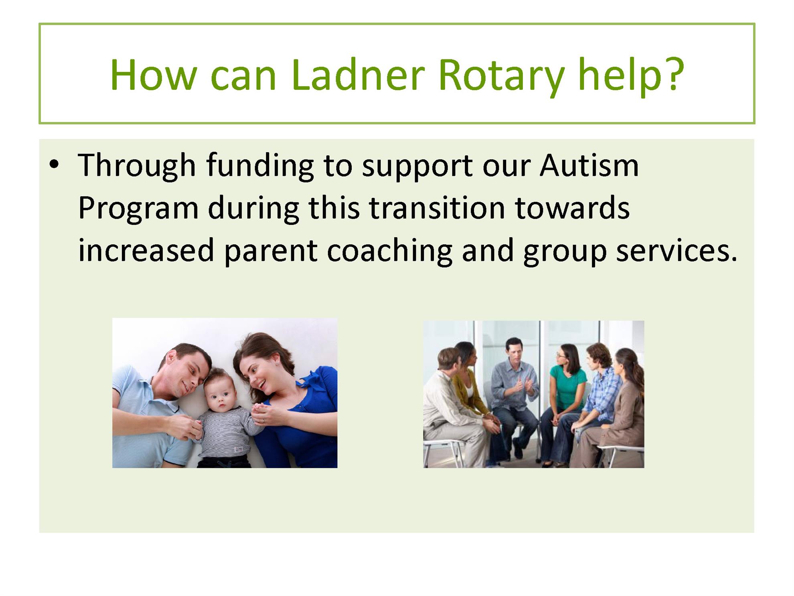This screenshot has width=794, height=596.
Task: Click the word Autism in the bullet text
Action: (589, 165)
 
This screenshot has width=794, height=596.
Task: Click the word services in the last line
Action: (677, 251)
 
